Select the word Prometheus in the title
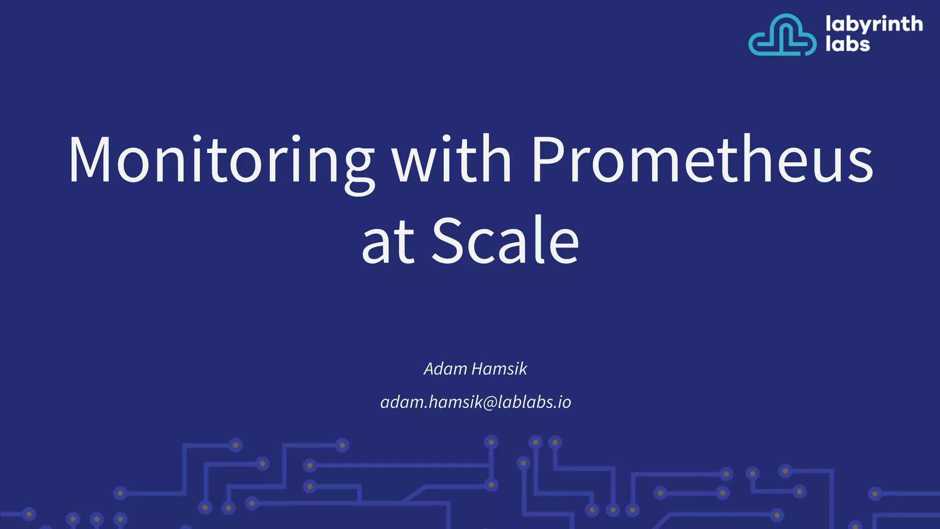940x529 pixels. (702, 161)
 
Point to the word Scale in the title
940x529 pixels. (505, 241)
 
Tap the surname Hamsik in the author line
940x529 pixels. (499, 369)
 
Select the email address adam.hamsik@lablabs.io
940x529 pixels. (476, 402)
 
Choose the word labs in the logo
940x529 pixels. (847, 45)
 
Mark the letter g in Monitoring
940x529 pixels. (359, 168)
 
